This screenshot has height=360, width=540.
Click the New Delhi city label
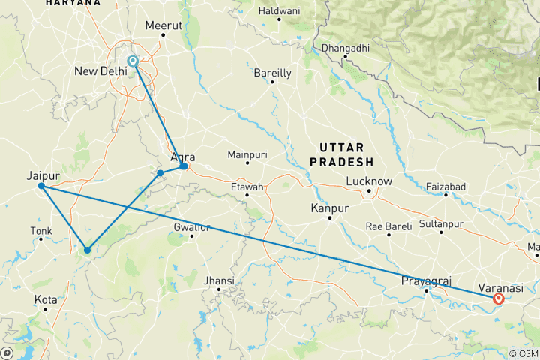pyautogui.click(x=100, y=71)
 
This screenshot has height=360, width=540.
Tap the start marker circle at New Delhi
pyautogui.click(x=133, y=61)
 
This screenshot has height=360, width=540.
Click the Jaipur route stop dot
pyautogui.click(x=41, y=186)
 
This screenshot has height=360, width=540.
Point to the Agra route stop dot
pyautogui.click(x=184, y=166)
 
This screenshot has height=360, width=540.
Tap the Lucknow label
pyautogui.click(x=369, y=181)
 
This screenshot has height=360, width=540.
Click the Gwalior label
pyautogui.click(x=192, y=226)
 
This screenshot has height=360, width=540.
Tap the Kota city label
pyautogui.click(x=46, y=300)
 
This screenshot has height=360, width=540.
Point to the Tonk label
pyautogui.click(x=40, y=230)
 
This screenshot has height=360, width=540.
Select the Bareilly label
pyautogui.click(x=272, y=73)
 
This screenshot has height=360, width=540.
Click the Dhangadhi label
pyautogui.click(x=345, y=49)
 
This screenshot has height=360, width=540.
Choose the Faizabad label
pyautogui.click(x=445, y=186)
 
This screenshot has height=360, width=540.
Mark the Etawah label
pyautogui.click(x=247, y=186)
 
